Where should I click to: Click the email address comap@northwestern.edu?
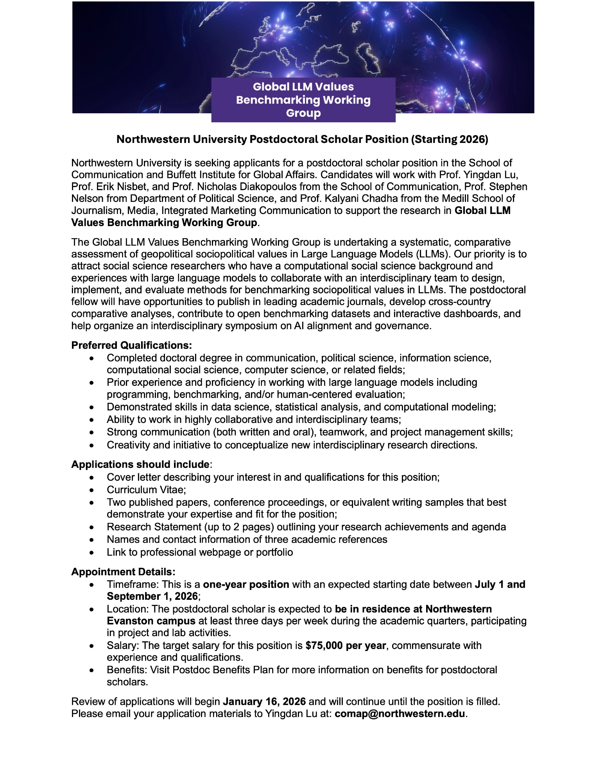click(400, 713)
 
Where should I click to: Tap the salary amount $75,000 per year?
click(346, 645)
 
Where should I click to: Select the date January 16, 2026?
click(264, 701)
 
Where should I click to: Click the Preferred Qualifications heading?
click(131, 345)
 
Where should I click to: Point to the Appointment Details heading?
click(123, 572)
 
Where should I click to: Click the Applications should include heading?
click(140, 464)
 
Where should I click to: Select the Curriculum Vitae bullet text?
click(146, 490)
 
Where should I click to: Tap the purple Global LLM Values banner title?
click(303, 100)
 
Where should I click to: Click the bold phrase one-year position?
click(246, 584)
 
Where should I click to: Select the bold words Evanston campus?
click(151, 621)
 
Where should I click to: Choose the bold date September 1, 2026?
click(152, 596)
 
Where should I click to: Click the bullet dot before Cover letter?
click(91, 478)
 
